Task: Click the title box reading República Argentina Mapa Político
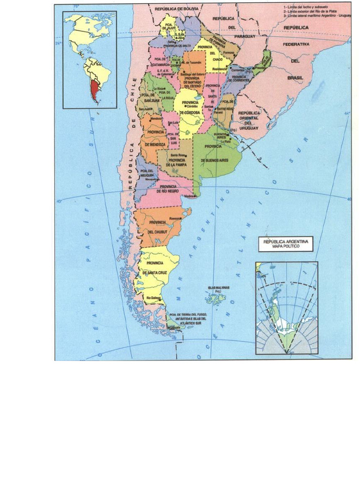click(285, 244)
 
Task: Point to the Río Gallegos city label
click(154, 298)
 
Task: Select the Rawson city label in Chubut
click(175, 218)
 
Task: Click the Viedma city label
click(189, 197)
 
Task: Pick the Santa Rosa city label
click(177, 155)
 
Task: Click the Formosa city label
click(228, 52)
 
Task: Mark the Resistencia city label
click(219, 69)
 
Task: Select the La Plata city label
click(225, 141)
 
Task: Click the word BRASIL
click(295, 77)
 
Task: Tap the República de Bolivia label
click(177, 9)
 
